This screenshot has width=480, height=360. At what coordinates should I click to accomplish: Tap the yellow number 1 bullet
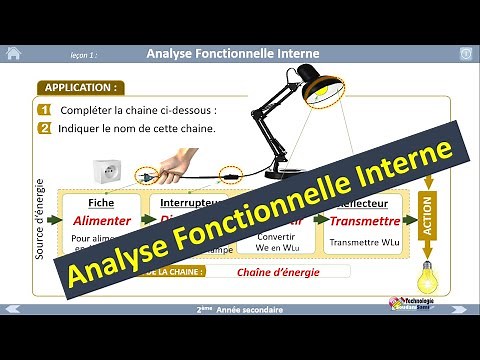(44, 110)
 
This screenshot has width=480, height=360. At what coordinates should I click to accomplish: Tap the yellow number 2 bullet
(44, 128)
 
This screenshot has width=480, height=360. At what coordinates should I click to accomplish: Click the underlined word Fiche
(101, 201)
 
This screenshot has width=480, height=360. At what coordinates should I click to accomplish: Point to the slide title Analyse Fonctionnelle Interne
(239, 52)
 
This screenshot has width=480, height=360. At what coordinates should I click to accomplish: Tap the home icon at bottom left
(13, 309)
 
